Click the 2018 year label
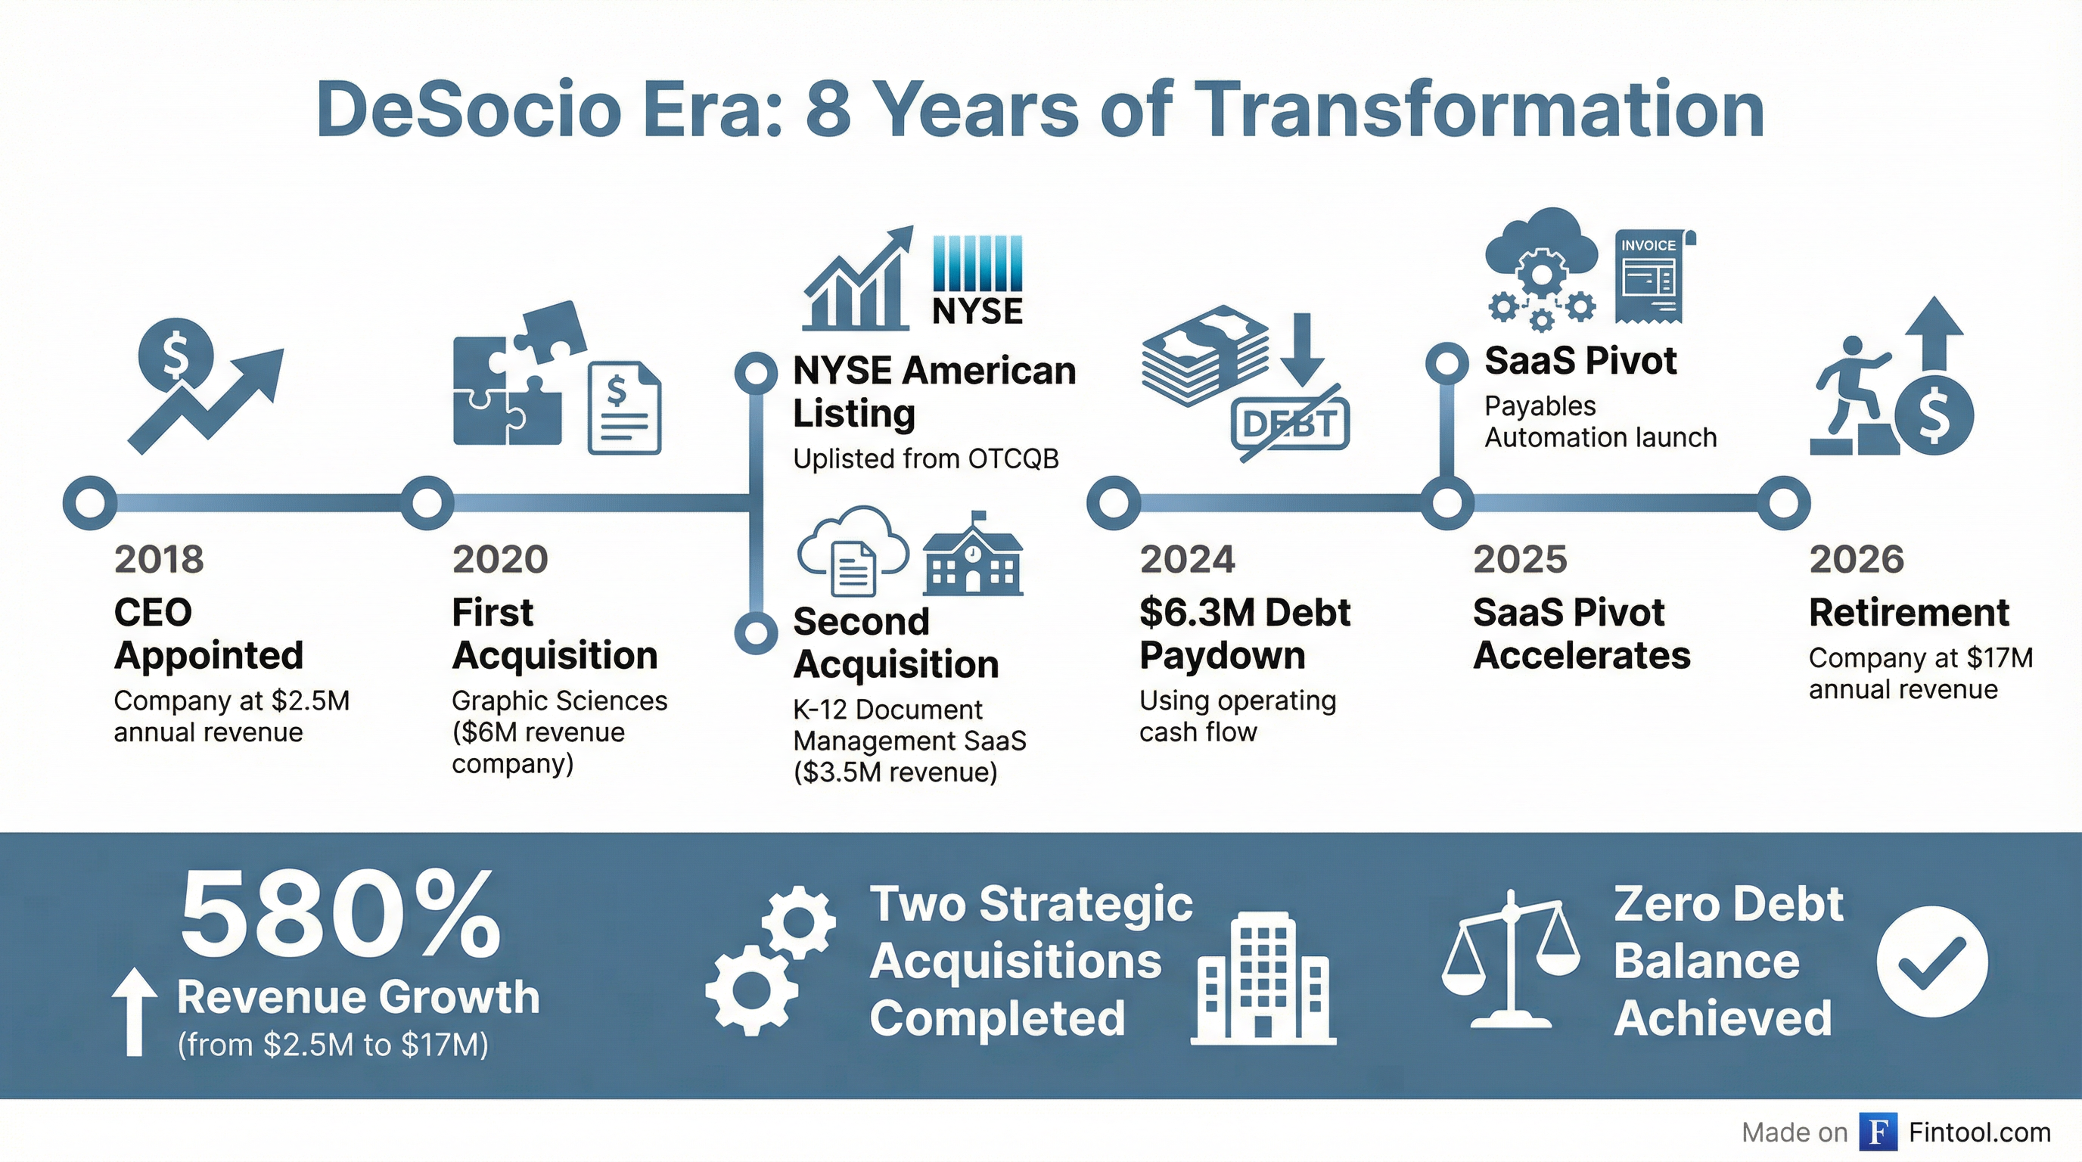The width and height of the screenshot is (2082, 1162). point(158,559)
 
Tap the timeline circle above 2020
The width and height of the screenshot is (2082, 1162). point(427,502)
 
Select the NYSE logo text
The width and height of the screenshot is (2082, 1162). point(977,311)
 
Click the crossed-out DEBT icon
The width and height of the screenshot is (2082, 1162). point(1290,424)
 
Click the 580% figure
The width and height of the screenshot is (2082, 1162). point(340,915)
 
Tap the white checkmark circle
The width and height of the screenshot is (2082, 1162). point(1931,961)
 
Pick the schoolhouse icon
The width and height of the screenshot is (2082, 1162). point(973,555)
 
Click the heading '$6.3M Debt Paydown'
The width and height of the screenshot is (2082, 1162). point(1244,633)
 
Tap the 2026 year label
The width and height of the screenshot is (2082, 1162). point(1857,559)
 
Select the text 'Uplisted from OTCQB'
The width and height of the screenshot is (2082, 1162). point(925,459)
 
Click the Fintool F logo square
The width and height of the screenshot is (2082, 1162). point(1878,1131)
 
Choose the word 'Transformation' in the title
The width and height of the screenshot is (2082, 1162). point(1478,110)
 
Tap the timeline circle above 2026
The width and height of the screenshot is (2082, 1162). point(1783,502)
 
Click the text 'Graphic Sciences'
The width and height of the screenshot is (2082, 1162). point(559,701)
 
